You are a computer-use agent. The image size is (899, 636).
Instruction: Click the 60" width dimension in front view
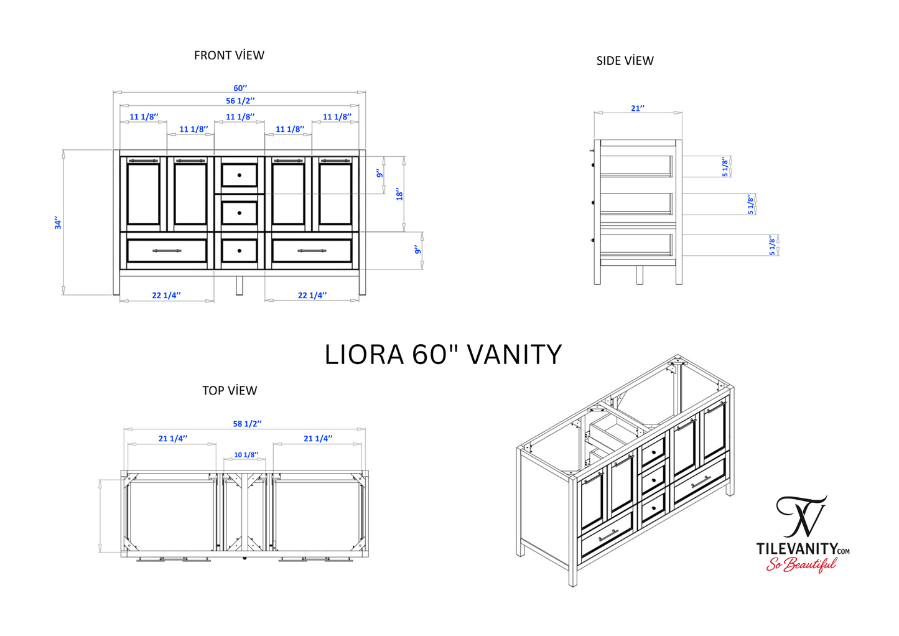(x=240, y=88)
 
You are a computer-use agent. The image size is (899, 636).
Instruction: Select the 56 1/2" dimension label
(x=240, y=101)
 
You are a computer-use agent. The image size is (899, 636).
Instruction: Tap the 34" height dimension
(x=58, y=223)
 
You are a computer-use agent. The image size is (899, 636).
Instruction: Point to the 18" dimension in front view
(x=399, y=194)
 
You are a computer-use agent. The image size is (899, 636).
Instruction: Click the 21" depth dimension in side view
(x=638, y=108)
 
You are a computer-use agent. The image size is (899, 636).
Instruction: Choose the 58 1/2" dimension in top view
(x=247, y=424)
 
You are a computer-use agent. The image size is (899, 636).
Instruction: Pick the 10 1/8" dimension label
(x=246, y=455)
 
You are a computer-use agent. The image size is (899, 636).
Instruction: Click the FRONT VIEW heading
(x=229, y=55)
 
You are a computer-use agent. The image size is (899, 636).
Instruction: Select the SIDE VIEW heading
(x=625, y=61)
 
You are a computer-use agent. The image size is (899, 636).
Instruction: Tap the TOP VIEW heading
(x=230, y=391)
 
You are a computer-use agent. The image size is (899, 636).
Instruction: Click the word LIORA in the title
(x=364, y=355)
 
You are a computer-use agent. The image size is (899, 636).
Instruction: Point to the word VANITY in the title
(x=514, y=355)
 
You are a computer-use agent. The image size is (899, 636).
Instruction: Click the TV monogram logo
(x=802, y=517)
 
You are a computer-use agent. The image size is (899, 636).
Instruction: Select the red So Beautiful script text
(x=801, y=564)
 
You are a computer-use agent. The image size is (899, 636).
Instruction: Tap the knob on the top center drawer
(x=240, y=175)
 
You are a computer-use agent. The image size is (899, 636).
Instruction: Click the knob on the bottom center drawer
(x=240, y=251)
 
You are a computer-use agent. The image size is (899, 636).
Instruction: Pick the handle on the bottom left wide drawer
(x=167, y=251)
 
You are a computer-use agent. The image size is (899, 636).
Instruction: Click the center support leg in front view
(x=240, y=284)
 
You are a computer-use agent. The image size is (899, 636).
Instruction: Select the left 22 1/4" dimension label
(x=166, y=296)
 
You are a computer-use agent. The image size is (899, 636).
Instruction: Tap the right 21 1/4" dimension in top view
(x=318, y=439)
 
